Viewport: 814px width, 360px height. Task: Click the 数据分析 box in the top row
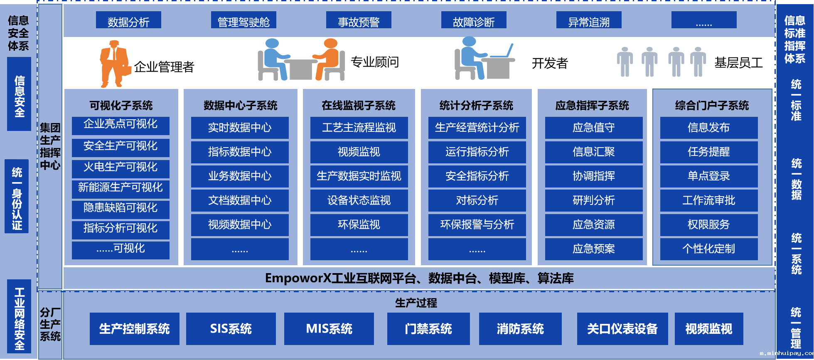click(128, 20)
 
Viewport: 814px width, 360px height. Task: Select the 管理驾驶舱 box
click(243, 20)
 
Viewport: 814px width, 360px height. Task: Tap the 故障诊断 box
click(474, 20)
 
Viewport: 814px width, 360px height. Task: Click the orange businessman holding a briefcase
click(114, 63)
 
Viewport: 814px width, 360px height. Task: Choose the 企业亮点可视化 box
click(121, 125)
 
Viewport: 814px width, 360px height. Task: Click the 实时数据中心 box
click(240, 128)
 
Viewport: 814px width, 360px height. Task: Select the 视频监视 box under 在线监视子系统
click(359, 152)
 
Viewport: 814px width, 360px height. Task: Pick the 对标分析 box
click(477, 200)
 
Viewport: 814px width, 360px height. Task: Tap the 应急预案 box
click(594, 249)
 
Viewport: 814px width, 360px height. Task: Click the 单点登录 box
click(709, 176)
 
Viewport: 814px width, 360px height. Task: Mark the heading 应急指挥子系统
click(592, 106)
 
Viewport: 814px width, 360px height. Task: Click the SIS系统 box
click(231, 329)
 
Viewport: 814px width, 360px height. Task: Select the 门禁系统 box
click(428, 329)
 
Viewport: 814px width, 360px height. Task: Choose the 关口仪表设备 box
click(622, 329)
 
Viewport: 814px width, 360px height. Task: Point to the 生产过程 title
click(416, 303)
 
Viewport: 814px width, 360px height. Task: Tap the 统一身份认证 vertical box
click(17, 196)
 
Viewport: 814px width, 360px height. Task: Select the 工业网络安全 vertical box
click(19, 317)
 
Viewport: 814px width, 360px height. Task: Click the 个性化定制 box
click(709, 249)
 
